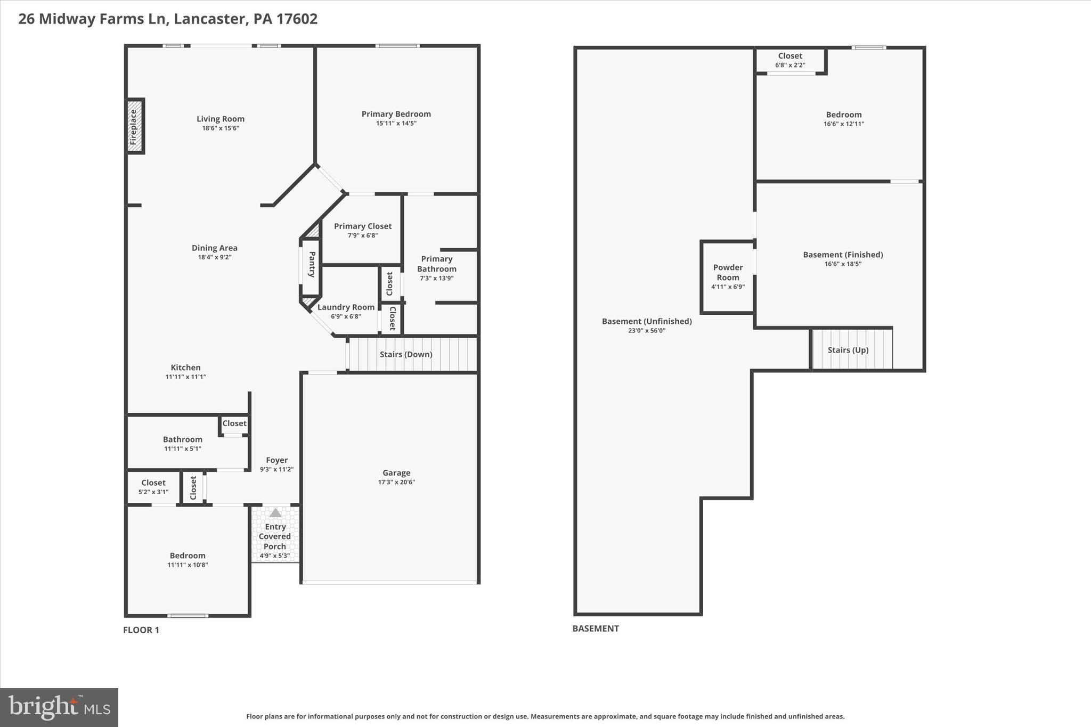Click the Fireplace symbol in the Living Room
(x=134, y=127)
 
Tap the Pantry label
(x=312, y=264)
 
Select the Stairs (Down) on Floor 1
(x=406, y=354)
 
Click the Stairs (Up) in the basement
(x=848, y=350)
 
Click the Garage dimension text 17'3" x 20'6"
(x=396, y=483)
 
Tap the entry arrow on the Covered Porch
(x=275, y=513)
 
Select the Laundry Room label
(x=346, y=307)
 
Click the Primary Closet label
(x=363, y=226)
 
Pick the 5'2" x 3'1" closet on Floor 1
(x=153, y=487)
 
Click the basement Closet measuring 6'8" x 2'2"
(x=790, y=60)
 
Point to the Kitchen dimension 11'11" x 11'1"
(x=185, y=377)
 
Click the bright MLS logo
(x=59, y=707)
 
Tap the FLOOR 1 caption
(x=141, y=630)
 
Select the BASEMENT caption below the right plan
(x=596, y=628)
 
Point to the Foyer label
(x=276, y=460)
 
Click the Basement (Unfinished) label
(x=647, y=321)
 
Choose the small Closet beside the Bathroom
(x=234, y=423)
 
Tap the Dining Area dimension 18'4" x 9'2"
(x=215, y=257)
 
